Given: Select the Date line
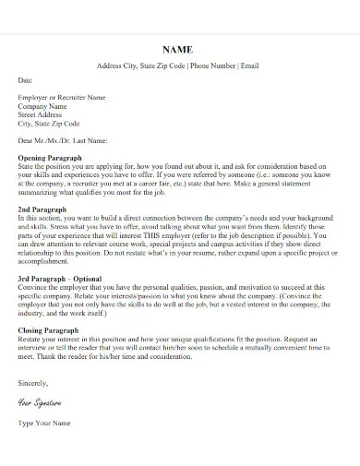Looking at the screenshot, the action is click(x=24, y=80).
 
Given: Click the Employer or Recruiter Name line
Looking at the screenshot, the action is click(x=62, y=97).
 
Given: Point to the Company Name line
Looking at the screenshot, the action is click(x=43, y=105).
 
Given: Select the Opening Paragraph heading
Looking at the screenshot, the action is click(x=51, y=158).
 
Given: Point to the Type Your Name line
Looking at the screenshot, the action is click(x=44, y=423).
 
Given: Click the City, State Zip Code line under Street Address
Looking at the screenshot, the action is click(x=49, y=123).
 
